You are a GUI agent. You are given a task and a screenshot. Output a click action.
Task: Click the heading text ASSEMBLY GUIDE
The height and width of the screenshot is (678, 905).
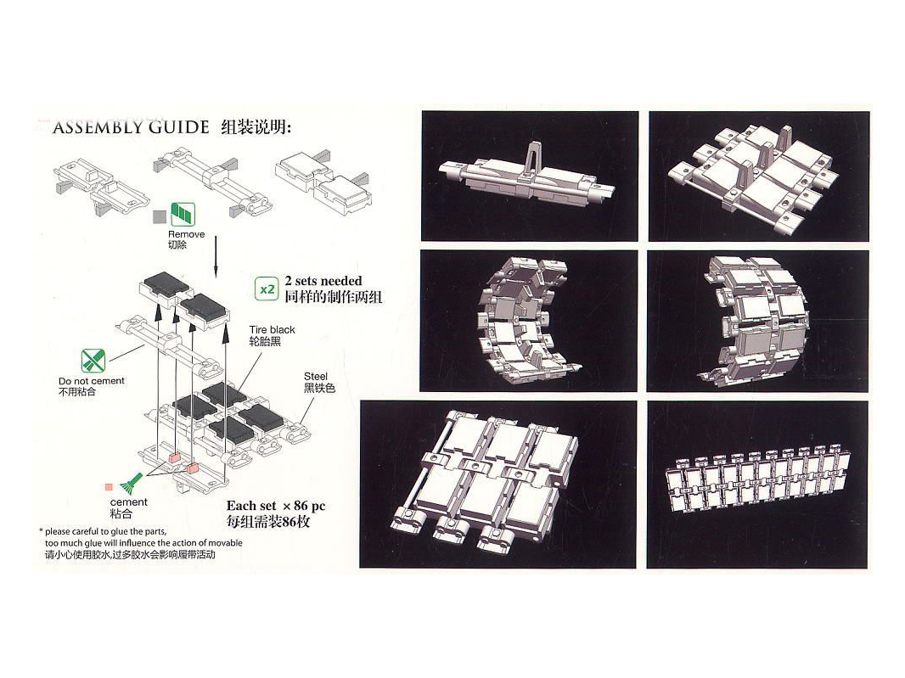tap(131, 128)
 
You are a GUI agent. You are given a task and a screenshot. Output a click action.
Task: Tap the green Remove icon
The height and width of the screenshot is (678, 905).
tap(183, 215)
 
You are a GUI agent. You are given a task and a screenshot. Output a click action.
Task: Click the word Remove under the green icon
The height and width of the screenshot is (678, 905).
tap(186, 234)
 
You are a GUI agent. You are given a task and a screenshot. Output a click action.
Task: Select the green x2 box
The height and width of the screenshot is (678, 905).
tap(267, 289)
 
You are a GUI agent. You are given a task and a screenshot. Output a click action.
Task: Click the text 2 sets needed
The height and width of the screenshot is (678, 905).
tap(323, 281)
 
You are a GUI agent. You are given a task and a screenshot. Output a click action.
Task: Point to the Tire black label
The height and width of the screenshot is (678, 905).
tap(273, 329)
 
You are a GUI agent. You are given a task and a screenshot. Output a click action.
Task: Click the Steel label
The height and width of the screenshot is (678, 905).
tap(316, 376)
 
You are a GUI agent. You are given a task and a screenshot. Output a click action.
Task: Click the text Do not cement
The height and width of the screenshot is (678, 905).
tap(92, 381)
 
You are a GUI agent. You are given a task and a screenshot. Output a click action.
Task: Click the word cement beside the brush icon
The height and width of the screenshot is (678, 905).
tap(129, 502)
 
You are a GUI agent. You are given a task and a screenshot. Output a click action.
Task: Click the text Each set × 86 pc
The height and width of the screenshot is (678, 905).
tap(275, 506)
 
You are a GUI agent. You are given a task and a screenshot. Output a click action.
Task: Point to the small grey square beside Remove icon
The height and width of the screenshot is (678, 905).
tap(159, 216)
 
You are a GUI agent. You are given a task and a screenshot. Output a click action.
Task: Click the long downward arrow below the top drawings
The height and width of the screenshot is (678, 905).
tap(216, 255)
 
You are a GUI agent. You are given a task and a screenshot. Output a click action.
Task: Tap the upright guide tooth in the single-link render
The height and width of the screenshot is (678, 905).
tap(531, 158)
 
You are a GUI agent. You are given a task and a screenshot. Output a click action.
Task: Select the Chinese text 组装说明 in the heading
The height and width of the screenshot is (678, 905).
tap(256, 128)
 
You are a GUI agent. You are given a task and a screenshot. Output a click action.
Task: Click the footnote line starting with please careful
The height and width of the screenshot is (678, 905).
tap(106, 531)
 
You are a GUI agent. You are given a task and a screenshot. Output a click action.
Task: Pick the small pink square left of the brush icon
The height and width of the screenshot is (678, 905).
tap(109, 487)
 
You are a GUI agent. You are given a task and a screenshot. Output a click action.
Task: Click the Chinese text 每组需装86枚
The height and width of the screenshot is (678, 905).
tap(268, 522)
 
